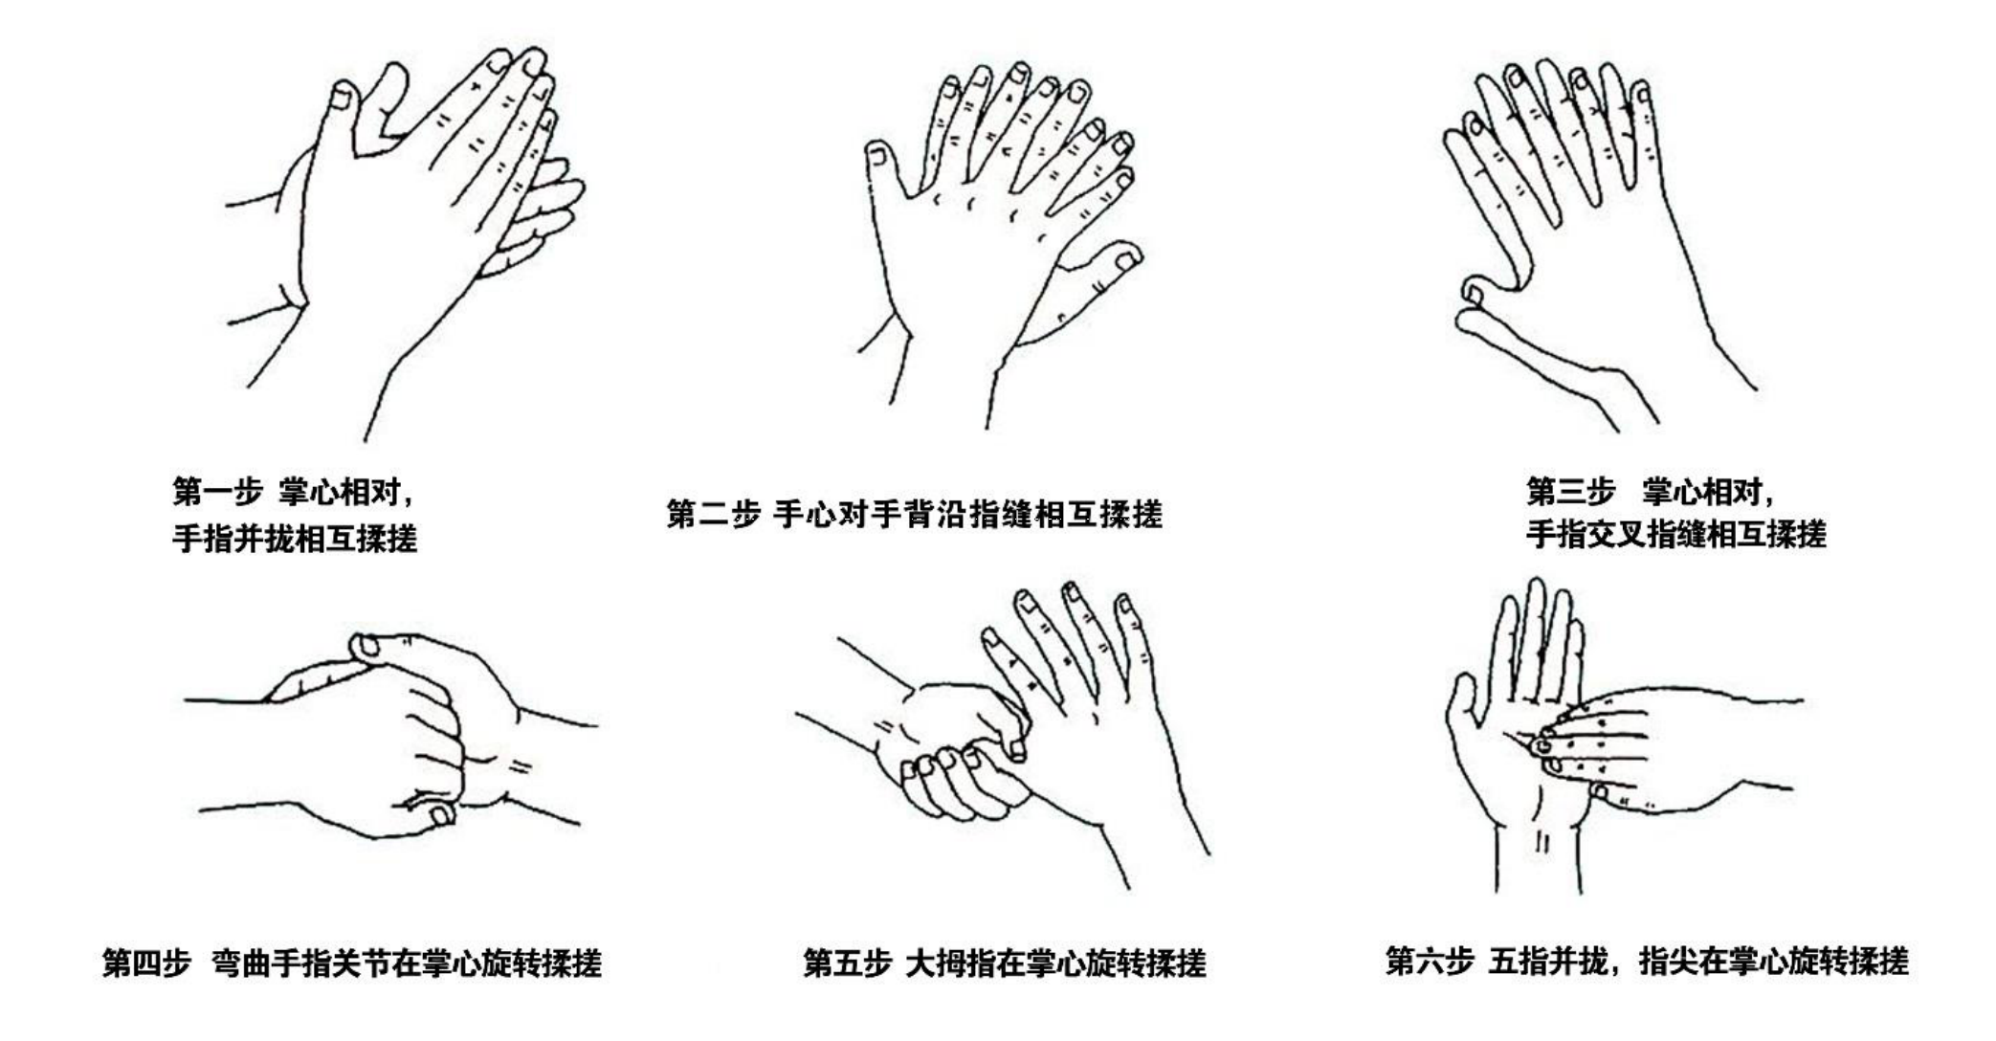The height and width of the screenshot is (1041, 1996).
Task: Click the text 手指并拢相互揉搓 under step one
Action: pyautogui.click(x=295, y=539)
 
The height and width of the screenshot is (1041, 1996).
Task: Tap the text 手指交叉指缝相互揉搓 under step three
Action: pyautogui.click(x=1675, y=533)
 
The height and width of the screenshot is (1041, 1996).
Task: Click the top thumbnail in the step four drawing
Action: pyautogui.click(x=366, y=648)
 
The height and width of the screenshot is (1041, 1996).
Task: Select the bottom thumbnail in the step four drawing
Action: pyautogui.click(x=441, y=814)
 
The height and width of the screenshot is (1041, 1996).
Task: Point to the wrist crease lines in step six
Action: pyautogui.click(x=1541, y=842)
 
